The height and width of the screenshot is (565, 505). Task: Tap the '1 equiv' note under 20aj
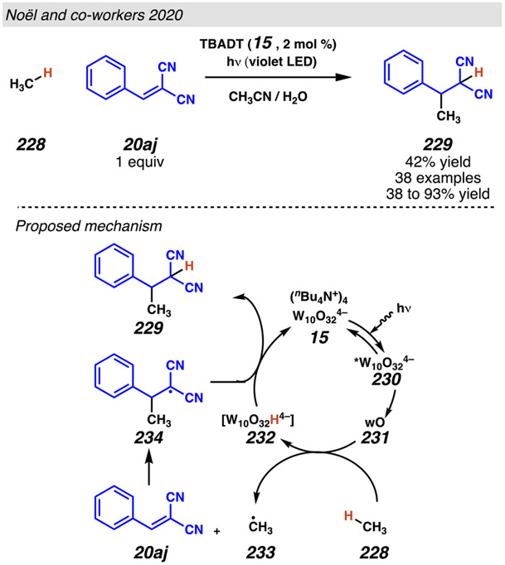click(123, 162)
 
